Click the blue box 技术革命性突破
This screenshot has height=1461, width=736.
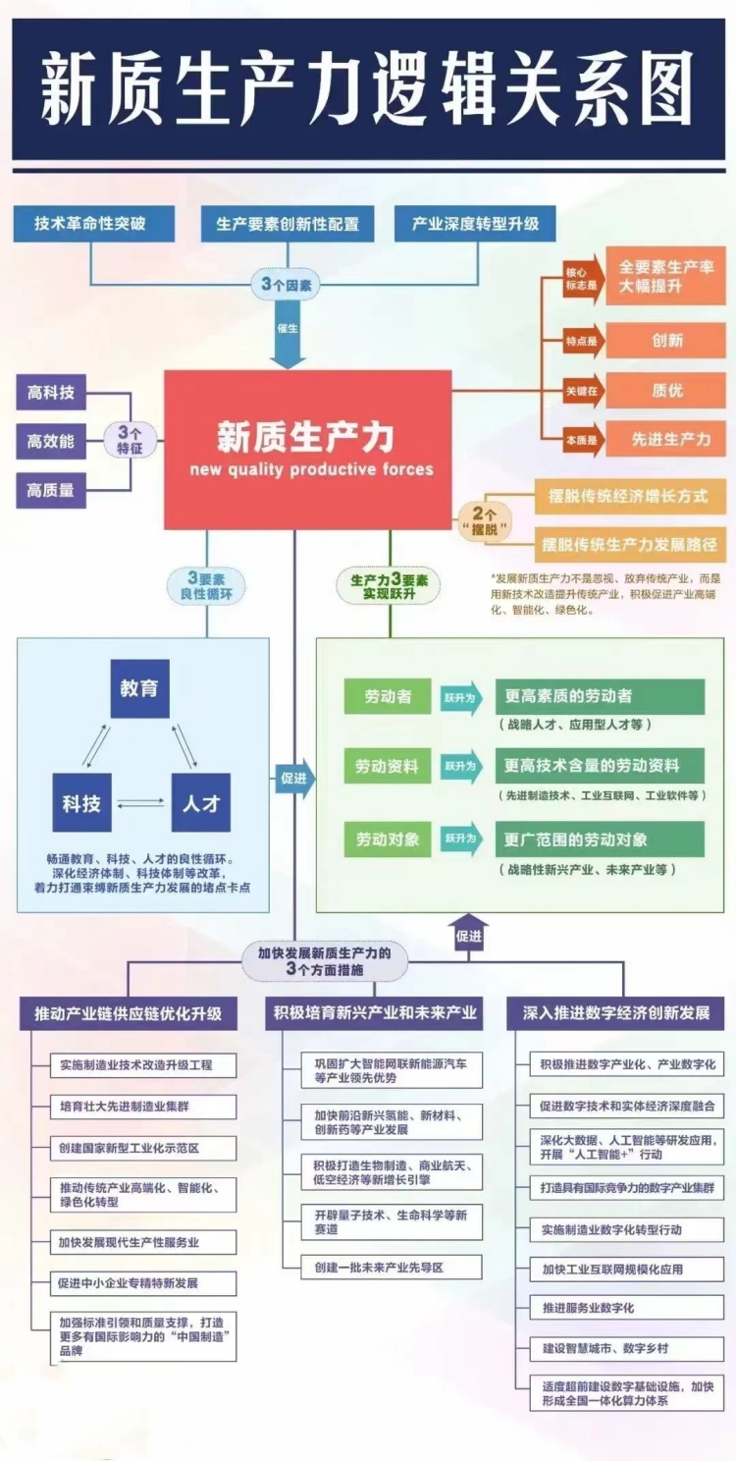pos(93,224)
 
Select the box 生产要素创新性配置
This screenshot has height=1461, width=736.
pos(288,224)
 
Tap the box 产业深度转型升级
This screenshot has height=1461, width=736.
pos(475,224)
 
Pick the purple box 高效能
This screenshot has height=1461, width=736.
pos(51,442)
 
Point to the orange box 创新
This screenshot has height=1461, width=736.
pos(666,341)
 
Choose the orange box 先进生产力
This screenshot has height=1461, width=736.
pos(666,439)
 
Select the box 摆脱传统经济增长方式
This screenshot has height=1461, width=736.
pos(628,496)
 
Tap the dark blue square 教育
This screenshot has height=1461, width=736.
pos(139,689)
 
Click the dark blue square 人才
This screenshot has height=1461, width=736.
pos(201,803)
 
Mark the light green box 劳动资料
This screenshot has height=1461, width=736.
pos(387,766)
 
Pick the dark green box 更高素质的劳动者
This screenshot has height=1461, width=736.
pos(599,696)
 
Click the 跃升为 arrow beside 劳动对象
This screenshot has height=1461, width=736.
pos(462,839)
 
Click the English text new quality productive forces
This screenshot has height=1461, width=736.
pos(311,469)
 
